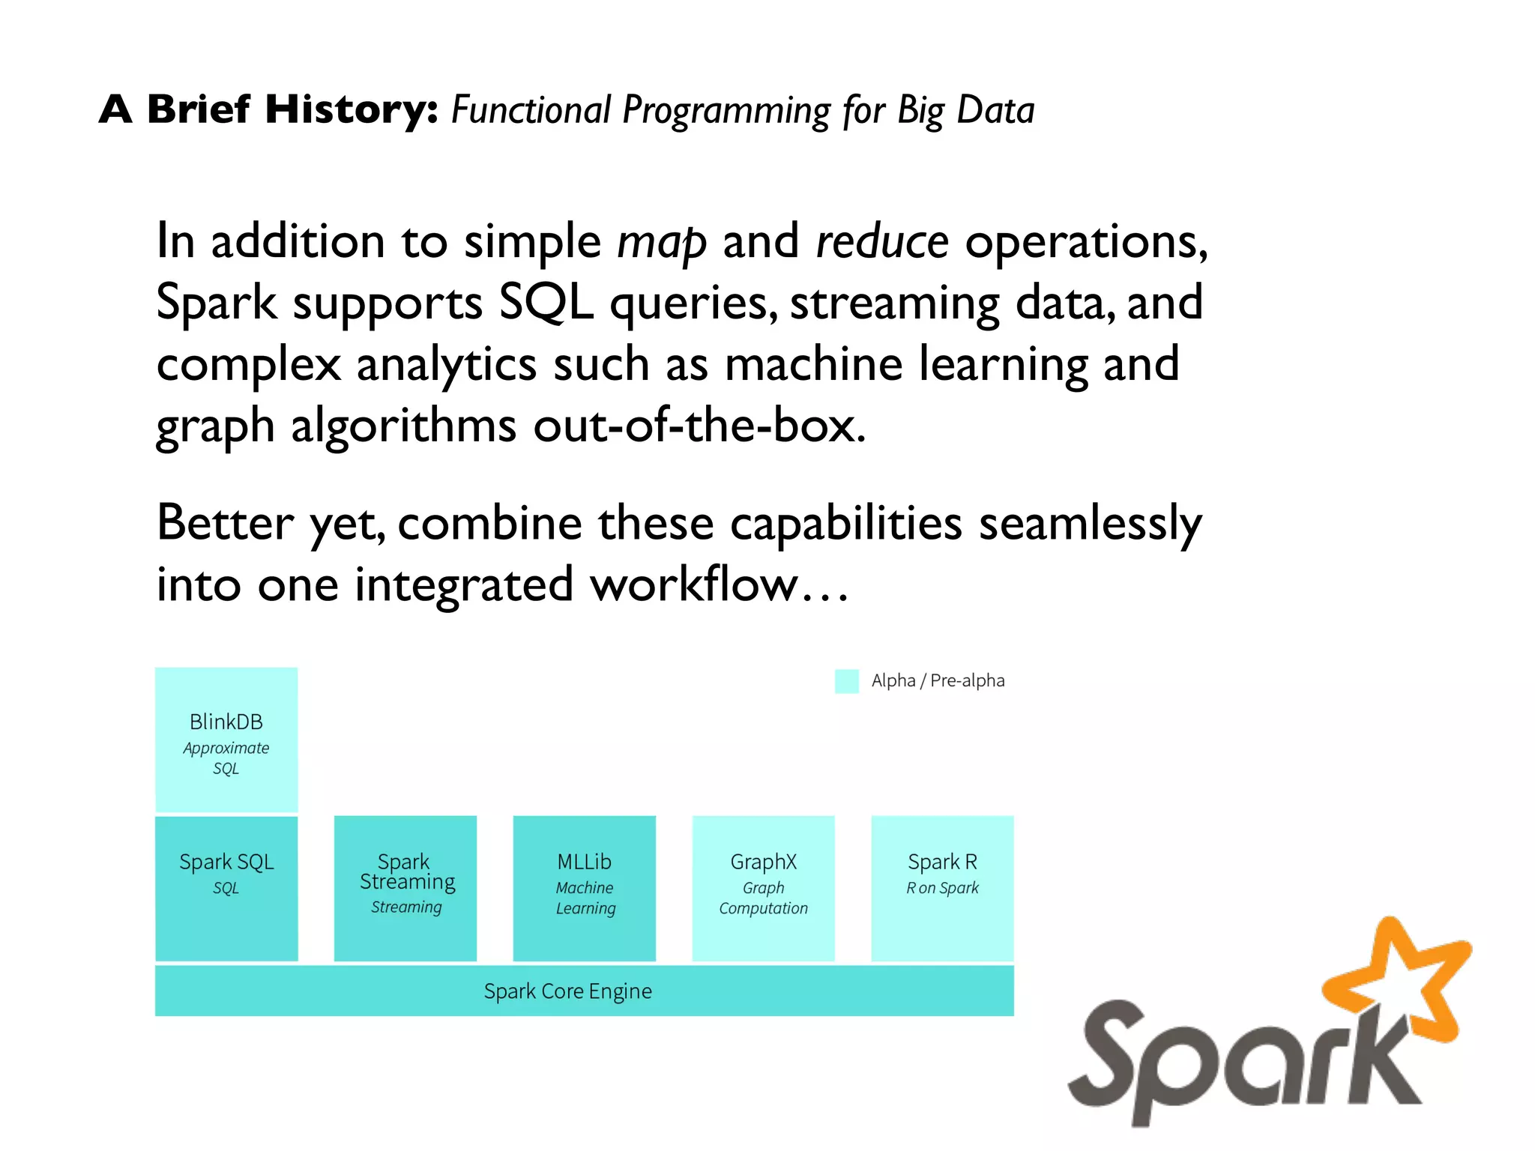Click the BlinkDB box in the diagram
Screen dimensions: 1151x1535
pos(226,740)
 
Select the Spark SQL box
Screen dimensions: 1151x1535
pos(226,887)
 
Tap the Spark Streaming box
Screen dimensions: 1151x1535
pos(405,887)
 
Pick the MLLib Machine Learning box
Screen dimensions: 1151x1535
pos(584,887)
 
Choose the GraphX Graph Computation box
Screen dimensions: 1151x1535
pos(763,887)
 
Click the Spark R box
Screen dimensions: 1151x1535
pos(942,887)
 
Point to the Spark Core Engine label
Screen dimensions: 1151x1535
pos(567,991)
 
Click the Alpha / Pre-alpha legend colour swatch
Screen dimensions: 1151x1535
pos(846,681)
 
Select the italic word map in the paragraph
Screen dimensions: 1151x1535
pos(661,243)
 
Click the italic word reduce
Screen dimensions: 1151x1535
pos(881,243)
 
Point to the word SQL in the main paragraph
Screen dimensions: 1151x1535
pos(546,303)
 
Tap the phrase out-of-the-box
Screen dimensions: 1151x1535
pos(699,426)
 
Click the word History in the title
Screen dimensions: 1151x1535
pos(351,110)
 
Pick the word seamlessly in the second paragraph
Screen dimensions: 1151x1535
pos(1090,523)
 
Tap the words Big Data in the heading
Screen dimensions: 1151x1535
pos(965,110)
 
